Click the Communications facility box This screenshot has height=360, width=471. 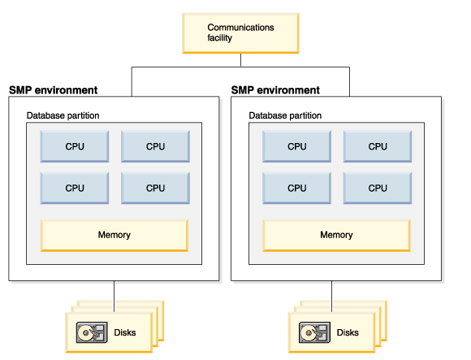240,33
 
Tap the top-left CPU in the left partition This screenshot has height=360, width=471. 75,146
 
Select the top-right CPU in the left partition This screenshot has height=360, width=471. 155,146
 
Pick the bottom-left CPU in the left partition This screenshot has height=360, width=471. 75,188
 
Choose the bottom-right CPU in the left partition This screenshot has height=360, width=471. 155,188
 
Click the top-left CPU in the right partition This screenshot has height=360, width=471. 296,146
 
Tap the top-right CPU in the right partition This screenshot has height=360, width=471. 378,146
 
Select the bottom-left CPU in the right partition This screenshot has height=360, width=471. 296,188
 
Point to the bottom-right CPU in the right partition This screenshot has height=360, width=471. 378,188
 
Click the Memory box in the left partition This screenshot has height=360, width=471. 115,236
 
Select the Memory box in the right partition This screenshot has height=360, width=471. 336,236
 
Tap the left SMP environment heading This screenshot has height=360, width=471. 53,90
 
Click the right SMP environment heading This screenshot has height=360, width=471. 275,90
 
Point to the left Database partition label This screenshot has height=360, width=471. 63,115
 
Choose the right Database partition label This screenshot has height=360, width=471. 285,115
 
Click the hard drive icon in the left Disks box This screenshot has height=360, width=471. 92,332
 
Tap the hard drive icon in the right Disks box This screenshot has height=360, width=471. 314,332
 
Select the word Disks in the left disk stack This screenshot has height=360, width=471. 125,332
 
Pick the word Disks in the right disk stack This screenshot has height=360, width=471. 348,332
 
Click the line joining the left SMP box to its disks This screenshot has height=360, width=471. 115,297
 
